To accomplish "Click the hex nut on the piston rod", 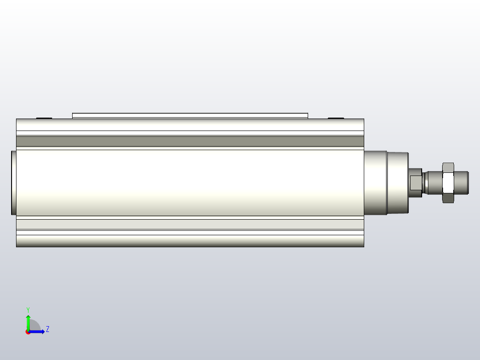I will point(448,182).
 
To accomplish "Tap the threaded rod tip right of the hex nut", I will point(461,182).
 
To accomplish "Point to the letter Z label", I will point(47,329).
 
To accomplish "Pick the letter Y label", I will point(28,309).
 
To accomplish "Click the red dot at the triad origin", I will point(28,332).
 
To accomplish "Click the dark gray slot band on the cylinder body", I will point(190,141).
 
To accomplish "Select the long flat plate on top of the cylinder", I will point(190,115).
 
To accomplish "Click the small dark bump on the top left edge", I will point(44,118).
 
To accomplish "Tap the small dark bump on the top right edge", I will point(336,118).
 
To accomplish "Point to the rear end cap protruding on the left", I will point(14,183).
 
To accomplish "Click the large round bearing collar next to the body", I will point(375,183).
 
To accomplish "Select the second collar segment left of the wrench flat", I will point(397,183).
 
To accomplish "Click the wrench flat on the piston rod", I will point(415,182).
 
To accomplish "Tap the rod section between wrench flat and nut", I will point(432,182).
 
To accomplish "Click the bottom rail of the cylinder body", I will point(190,241).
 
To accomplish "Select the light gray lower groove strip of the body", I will point(190,224).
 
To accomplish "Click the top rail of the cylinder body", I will point(190,124).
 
